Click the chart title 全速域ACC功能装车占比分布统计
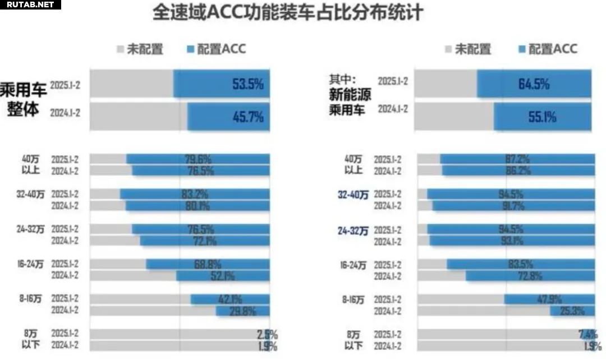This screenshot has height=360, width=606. click(288, 13)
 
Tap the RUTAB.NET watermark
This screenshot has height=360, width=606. click(30, 4)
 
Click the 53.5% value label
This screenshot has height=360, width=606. click(247, 85)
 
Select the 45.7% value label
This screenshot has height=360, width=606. click(247, 117)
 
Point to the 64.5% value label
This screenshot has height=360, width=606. click(534, 85)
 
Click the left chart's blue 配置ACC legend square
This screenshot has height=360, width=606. click(190, 50)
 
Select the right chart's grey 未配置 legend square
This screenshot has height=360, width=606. click(447, 50)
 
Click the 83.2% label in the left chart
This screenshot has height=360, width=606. click(195, 195)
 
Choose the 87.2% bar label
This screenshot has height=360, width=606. click(517, 159)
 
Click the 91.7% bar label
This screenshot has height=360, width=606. click(511, 206)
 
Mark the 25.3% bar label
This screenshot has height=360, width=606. click(570, 311)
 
